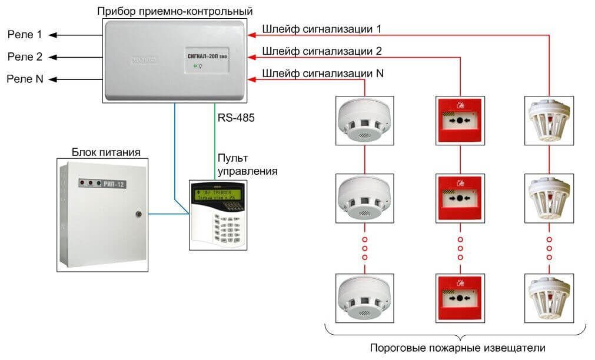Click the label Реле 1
coord(24,35)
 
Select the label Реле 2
coord(24,56)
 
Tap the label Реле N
coord(25,78)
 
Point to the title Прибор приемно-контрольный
coord(177,11)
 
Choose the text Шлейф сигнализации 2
coord(322,51)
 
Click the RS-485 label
coord(235,118)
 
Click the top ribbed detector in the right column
coord(549,120)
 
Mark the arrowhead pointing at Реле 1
coord(52,35)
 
